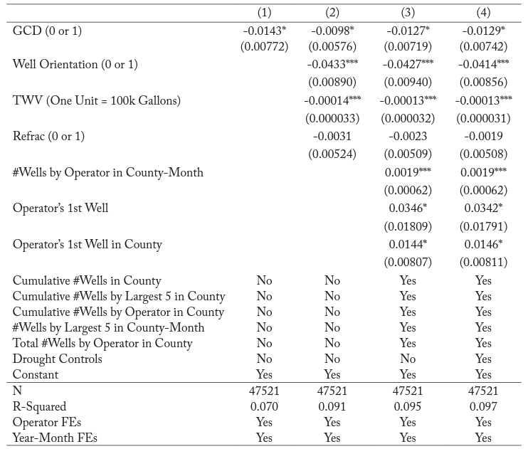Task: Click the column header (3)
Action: click(x=408, y=13)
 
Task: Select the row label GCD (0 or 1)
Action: click(x=52, y=31)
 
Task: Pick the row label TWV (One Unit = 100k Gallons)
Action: click(x=97, y=100)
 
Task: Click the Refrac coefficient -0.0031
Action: click(x=332, y=136)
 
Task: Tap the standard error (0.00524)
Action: click(x=332, y=153)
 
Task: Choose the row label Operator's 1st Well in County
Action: click(x=88, y=244)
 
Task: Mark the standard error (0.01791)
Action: click(x=483, y=226)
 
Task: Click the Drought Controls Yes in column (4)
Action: click(x=483, y=359)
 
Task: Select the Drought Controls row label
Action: click(x=58, y=359)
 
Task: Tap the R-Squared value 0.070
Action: click(x=264, y=406)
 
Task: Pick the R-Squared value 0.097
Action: click(x=483, y=406)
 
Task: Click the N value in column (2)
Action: click(x=332, y=391)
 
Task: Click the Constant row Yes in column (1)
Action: click(x=264, y=374)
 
